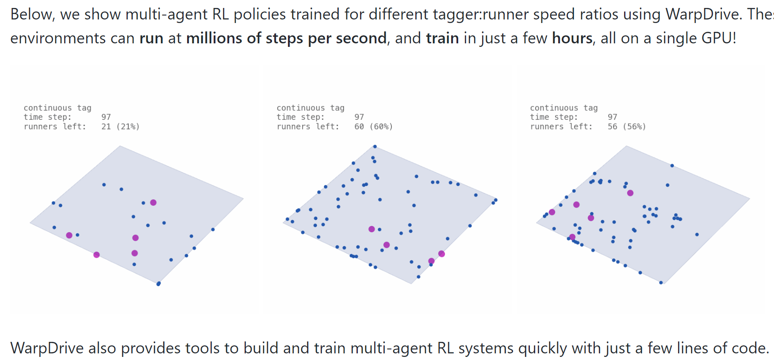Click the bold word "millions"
pos(214,38)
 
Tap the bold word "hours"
pos(572,38)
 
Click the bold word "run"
pos(151,38)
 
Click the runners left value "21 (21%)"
pos(120,126)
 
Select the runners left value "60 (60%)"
pos(373,126)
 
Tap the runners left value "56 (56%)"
pos(627,126)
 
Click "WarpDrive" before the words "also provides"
pos(47,348)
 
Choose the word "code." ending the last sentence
pos(751,348)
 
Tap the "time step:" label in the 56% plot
pos(554,117)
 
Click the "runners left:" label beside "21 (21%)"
pos(55,126)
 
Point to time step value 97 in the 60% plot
pos(359,117)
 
